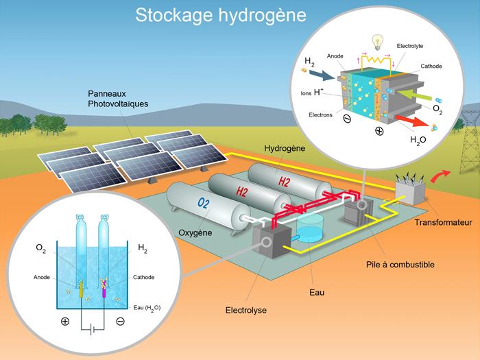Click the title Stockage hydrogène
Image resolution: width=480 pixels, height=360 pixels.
[221, 15]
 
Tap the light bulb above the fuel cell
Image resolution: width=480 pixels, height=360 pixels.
[377, 43]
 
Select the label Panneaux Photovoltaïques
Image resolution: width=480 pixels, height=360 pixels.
[118, 99]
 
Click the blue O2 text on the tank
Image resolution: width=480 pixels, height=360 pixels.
[203, 203]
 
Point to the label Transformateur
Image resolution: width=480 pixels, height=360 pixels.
[443, 223]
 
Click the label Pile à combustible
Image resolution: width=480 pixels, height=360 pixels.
[400, 265]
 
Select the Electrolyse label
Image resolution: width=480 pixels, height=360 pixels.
[245, 311]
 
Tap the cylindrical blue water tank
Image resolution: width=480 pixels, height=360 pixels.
[310, 226]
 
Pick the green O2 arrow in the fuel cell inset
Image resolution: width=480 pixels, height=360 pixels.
[414, 95]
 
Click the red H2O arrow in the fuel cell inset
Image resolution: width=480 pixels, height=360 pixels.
[411, 120]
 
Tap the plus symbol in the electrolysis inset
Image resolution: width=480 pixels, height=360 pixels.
[65, 322]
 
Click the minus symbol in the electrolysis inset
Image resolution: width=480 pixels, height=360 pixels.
[120, 322]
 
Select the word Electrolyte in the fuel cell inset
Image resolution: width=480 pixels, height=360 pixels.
[410, 46]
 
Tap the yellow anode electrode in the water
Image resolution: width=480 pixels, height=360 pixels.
[81, 290]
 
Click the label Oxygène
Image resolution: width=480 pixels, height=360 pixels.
[195, 232]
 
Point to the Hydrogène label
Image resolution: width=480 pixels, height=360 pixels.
[285, 149]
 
